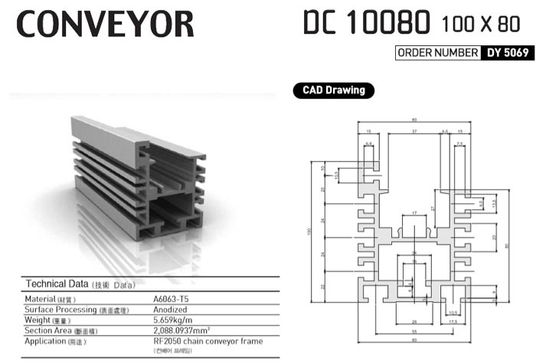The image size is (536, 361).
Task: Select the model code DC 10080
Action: point(365,24)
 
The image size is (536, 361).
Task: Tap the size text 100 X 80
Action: point(480,26)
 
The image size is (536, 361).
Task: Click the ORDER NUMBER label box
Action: point(436,54)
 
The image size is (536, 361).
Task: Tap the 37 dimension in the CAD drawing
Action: point(413,132)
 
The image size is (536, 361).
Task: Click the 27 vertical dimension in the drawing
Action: point(433,208)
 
